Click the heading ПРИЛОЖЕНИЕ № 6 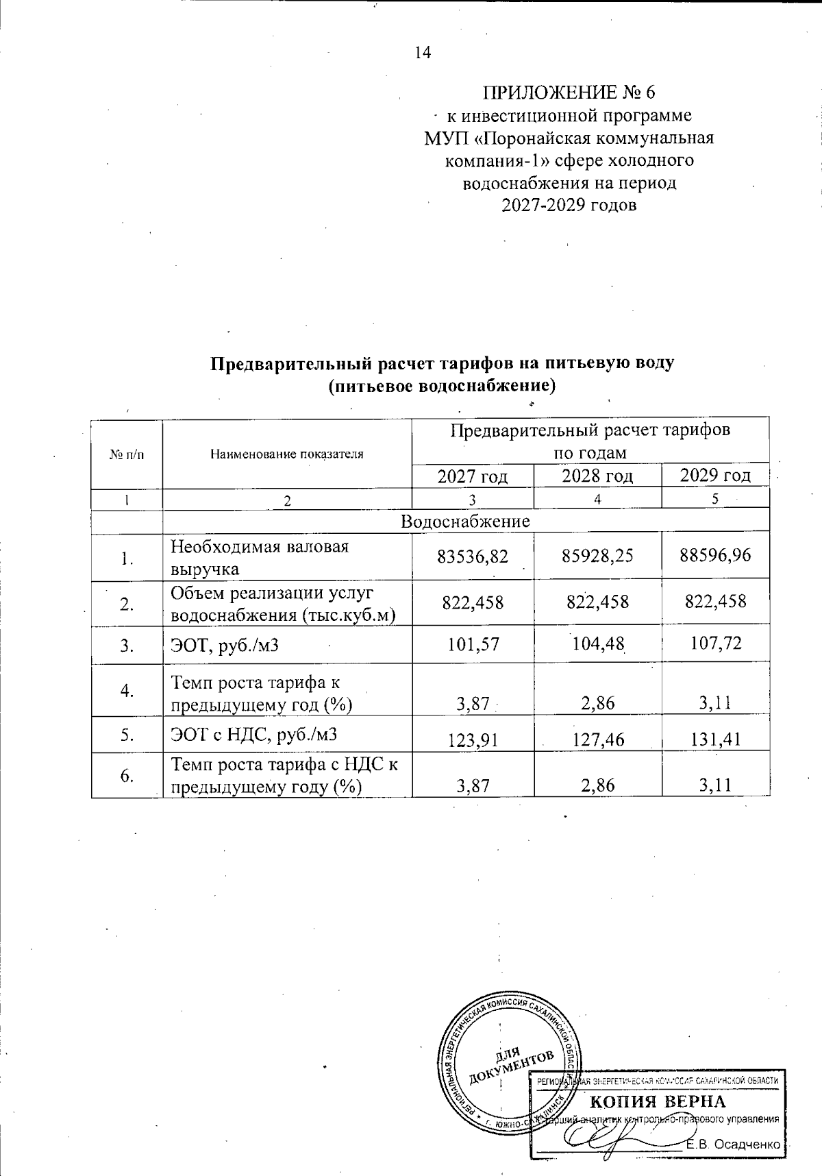click(x=570, y=92)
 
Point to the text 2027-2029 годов click(x=569, y=205)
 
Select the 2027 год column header click(x=473, y=476)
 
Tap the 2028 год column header click(x=597, y=476)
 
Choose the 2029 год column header click(x=715, y=476)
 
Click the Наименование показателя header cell click(x=286, y=453)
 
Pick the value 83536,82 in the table click(x=473, y=555)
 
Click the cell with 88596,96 click(x=715, y=555)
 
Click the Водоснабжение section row click(x=465, y=521)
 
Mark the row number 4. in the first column click(x=127, y=690)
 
